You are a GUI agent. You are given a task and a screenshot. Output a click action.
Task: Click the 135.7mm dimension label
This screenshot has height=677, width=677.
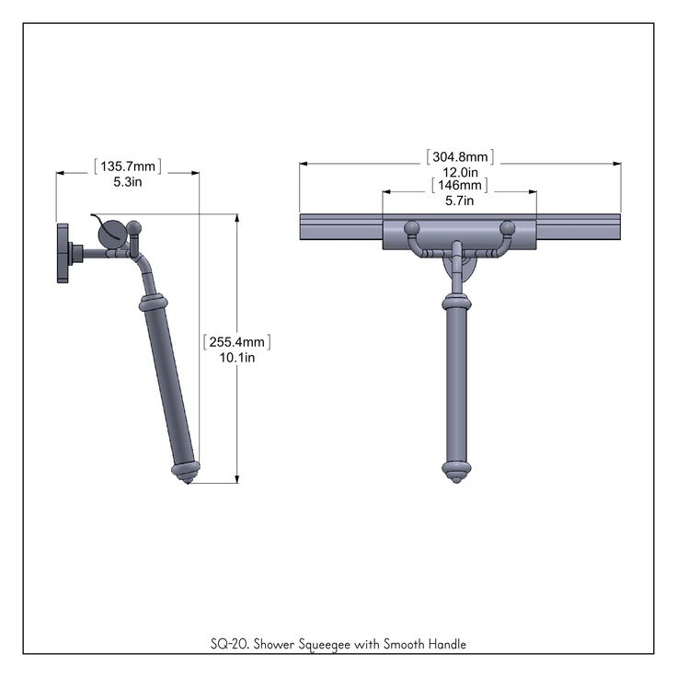(128, 166)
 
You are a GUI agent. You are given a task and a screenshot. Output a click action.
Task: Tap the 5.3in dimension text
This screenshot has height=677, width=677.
(128, 182)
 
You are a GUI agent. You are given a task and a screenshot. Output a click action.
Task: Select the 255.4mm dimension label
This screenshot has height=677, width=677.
(237, 342)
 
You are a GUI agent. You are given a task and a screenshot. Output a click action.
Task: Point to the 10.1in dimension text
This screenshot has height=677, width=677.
(237, 358)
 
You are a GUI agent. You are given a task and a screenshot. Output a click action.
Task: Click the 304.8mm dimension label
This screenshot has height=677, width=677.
(460, 156)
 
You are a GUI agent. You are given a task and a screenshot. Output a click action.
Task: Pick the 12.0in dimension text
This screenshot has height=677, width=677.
(460, 172)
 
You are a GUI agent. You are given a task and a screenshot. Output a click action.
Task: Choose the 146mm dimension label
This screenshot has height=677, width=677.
(460, 185)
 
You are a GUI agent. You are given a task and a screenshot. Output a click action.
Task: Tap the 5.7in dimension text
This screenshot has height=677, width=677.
(460, 201)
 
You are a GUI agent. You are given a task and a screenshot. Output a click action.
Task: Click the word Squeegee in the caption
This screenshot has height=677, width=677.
(325, 645)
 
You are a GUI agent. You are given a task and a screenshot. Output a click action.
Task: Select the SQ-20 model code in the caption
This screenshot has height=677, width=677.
(229, 644)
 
